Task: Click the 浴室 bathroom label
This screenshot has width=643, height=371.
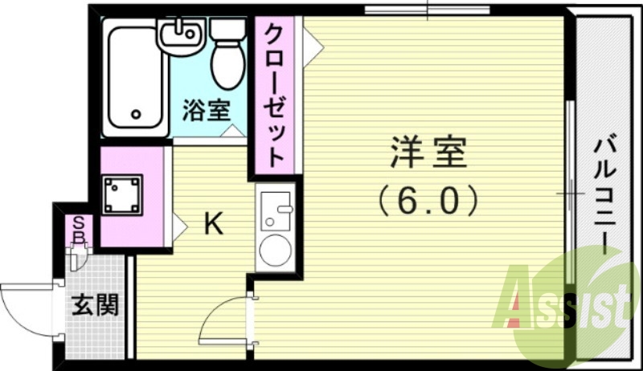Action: coord(207,109)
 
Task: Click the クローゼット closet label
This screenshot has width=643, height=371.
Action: coord(274,94)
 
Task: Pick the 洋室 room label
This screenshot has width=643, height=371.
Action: coord(428,152)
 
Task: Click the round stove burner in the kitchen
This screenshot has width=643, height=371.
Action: coord(276,250)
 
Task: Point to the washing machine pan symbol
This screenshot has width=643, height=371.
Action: coord(122,194)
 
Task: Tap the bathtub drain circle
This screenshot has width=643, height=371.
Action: coord(136,114)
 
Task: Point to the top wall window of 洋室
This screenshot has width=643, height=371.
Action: coord(427,10)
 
